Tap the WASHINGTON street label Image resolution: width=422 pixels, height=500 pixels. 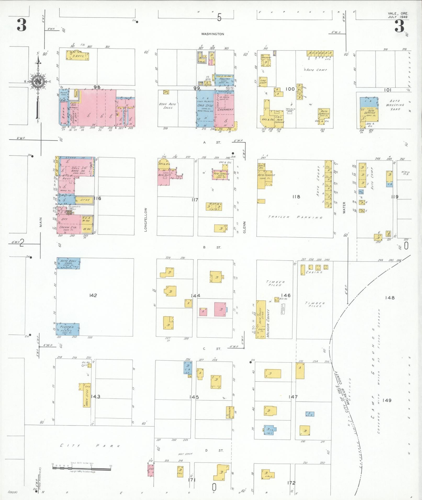coord(212,34)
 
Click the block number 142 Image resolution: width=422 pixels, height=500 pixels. coord(93,295)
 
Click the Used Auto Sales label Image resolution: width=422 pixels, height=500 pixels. coord(167,106)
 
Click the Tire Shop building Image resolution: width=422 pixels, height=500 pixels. coord(263,82)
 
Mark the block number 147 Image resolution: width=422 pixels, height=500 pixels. coord(293,404)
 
